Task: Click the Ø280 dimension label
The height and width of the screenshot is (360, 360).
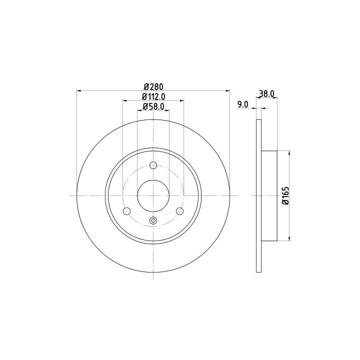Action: [153, 87]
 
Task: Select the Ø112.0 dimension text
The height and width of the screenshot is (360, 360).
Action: [153, 96]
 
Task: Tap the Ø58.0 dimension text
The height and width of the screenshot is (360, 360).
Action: [153, 106]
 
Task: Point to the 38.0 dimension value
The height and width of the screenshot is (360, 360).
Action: [266, 93]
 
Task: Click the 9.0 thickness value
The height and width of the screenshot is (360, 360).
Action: [243, 104]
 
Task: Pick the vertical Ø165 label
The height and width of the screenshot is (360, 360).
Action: [285, 195]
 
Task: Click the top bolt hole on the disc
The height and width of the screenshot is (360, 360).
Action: [153, 165]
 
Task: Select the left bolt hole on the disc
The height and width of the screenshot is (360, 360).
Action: [126, 211]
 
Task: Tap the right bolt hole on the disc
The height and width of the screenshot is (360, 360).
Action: [180, 211]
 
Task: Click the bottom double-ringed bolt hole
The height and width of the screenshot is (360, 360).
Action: [153, 220]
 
